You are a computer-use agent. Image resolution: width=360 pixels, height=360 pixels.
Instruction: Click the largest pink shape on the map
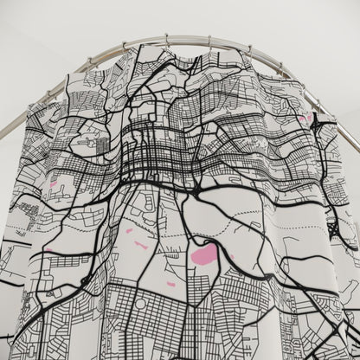[x=205, y=254]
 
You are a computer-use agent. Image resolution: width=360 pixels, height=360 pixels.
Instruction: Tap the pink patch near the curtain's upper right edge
[x=305, y=119]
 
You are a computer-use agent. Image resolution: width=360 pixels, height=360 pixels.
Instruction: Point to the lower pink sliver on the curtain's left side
[x=48, y=251]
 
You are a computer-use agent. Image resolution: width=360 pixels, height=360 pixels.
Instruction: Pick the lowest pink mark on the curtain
[x=171, y=284]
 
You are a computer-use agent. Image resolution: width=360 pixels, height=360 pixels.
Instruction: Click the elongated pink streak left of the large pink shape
[x=141, y=245]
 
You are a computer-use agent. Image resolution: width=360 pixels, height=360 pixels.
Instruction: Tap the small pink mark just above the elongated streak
[x=129, y=230]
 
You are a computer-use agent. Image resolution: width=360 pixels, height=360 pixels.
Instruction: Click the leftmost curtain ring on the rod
[x=125, y=45]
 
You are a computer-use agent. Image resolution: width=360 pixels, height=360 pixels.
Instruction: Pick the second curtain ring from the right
[x=249, y=49]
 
